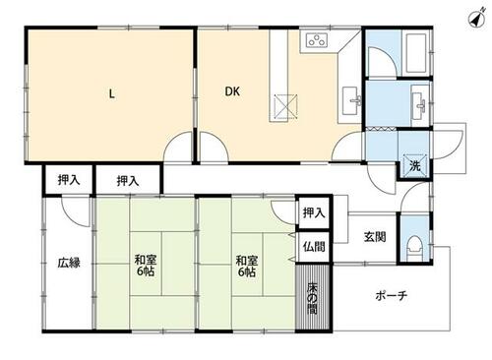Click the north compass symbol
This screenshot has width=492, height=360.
tap(477, 18)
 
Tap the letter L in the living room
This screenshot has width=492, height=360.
tap(112, 94)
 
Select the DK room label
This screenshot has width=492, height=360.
tap(232, 91)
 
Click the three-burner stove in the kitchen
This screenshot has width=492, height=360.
tap(317, 40)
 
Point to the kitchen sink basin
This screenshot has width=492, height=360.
tap(351, 100)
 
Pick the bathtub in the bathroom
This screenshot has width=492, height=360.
tap(416, 53)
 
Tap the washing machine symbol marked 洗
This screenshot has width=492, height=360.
tap(415, 165)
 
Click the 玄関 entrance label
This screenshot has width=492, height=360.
tap(375, 237)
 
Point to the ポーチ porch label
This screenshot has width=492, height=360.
tap(392, 295)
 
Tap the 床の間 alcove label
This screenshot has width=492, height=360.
tap(312, 297)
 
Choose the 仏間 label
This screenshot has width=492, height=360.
tap(314, 247)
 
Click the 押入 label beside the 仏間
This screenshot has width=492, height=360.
tap(314, 213)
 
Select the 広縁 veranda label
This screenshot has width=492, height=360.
tap(69, 263)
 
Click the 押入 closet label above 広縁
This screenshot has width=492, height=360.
tap(69, 179)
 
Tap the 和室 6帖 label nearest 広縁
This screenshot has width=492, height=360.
tap(145, 266)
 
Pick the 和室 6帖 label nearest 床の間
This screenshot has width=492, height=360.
tap(247, 266)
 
